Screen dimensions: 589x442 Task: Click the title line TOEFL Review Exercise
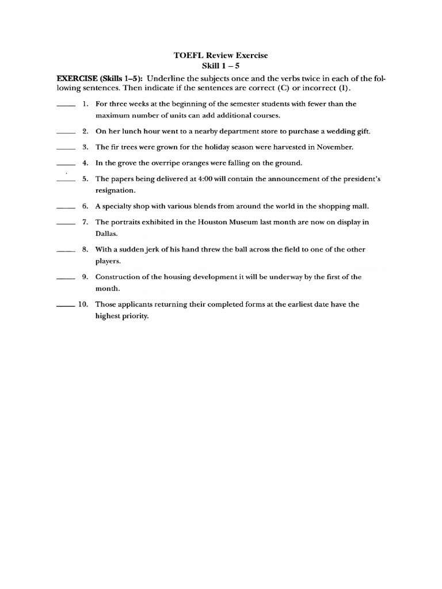(221, 55)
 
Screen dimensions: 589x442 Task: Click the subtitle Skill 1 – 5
(221, 66)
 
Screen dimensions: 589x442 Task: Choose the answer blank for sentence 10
(66, 307)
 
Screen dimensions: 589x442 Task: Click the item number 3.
(85, 147)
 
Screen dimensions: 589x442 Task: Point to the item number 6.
(85, 206)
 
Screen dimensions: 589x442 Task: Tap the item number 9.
(85, 277)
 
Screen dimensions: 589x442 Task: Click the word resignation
(115, 190)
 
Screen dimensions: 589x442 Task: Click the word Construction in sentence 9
(119, 277)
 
